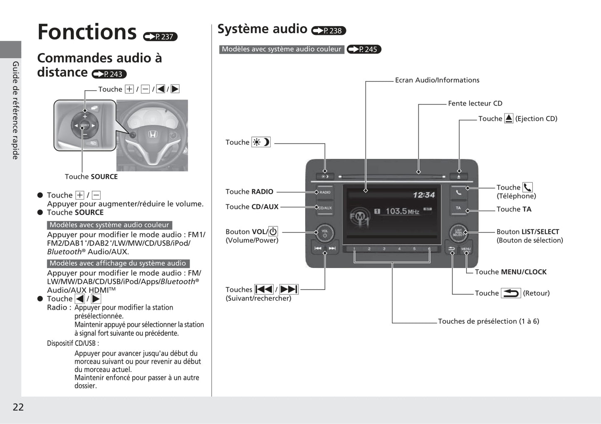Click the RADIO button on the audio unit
(x=325, y=192)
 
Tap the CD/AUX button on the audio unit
(x=325, y=208)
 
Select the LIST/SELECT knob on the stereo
(x=458, y=233)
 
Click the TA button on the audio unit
(x=458, y=208)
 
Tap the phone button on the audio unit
(x=458, y=192)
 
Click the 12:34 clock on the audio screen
(x=423, y=195)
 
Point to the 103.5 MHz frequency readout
(x=402, y=211)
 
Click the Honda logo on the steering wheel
(x=152, y=134)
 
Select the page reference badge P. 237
(x=161, y=37)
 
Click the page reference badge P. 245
(x=364, y=49)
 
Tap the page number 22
(x=18, y=407)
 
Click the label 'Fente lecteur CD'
(x=475, y=103)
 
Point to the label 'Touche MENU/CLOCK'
(x=510, y=272)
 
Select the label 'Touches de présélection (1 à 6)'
(x=488, y=321)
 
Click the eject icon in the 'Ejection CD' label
(x=509, y=119)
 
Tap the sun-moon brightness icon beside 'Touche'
(x=261, y=142)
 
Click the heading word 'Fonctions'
(x=87, y=32)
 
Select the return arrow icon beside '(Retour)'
(x=510, y=293)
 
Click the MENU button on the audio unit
(x=466, y=249)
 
